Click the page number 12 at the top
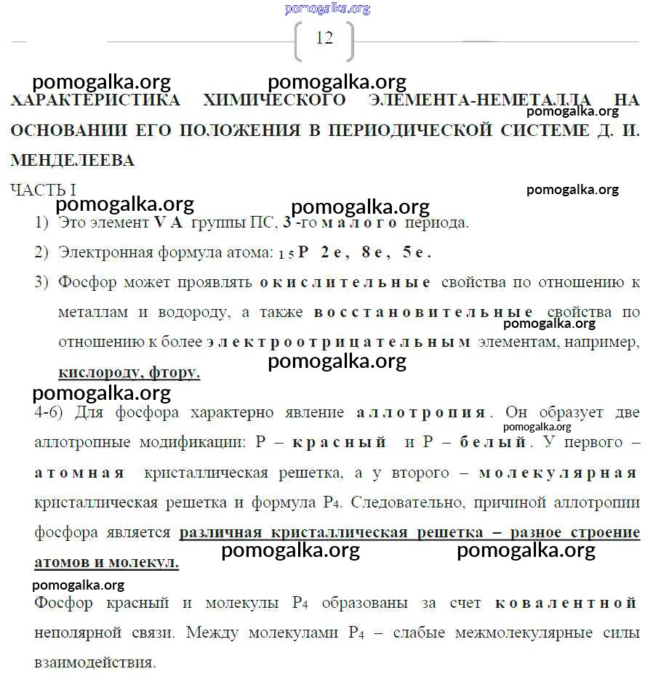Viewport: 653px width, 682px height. (x=324, y=39)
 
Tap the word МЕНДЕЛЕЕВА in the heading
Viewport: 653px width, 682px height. (x=73, y=160)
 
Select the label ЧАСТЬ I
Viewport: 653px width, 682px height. (x=44, y=190)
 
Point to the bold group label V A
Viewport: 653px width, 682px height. (x=169, y=223)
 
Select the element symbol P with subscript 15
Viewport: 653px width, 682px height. (x=303, y=253)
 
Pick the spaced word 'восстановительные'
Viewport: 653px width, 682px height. (x=424, y=313)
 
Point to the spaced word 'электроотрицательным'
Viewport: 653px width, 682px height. (x=338, y=342)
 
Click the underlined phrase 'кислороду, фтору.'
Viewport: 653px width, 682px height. (x=129, y=372)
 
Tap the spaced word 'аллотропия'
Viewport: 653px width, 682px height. (x=421, y=412)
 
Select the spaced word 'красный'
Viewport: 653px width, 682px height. (x=339, y=442)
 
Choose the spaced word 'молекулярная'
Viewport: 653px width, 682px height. (x=558, y=473)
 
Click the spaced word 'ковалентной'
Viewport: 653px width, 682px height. (x=566, y=603)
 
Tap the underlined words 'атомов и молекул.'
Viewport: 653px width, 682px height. (x=106, y=563)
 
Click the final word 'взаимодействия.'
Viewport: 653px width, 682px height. (x=95, y=663)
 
